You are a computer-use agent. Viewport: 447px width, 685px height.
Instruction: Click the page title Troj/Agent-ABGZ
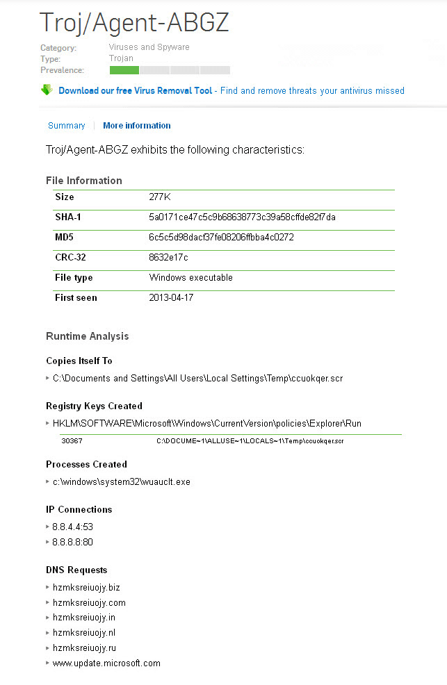click(134, 22)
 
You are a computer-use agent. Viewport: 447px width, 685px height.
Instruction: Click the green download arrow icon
click(47, 90)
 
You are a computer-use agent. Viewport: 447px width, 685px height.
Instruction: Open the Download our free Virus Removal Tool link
click(136, 90)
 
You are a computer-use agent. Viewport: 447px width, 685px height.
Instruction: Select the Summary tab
click(66, 126)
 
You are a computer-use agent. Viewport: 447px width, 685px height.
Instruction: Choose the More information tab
click(136, 126)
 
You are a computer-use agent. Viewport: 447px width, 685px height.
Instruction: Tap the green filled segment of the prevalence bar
click(124, 70)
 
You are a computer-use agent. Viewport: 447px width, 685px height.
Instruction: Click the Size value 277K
click(160, 197)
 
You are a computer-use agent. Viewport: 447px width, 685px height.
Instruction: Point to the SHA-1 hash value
click(242, 217)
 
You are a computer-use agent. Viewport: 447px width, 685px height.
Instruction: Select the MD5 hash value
click(221, 238)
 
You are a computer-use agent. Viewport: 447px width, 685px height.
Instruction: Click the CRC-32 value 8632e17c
click(168, 258)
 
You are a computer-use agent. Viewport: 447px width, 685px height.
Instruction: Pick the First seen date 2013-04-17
click(172, 298)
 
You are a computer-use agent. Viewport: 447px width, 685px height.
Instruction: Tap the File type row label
click(74, 278)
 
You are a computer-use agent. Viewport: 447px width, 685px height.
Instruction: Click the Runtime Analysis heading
click(87, 336)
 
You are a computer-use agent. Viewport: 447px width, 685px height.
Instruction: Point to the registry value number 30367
click(72, 440)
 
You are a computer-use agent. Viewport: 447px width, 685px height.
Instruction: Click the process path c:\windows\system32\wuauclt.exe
click(121, 481)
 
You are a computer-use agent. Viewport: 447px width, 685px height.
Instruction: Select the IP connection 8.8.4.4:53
click(72, 527)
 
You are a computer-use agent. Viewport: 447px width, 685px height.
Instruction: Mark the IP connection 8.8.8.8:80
click(72, 542)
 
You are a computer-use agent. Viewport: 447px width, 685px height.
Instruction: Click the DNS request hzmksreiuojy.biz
click(86, 588)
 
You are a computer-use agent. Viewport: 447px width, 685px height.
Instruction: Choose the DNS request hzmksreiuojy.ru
click(84, 648)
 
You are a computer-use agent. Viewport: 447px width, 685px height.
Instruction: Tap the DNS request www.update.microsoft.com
click(106, 663)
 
